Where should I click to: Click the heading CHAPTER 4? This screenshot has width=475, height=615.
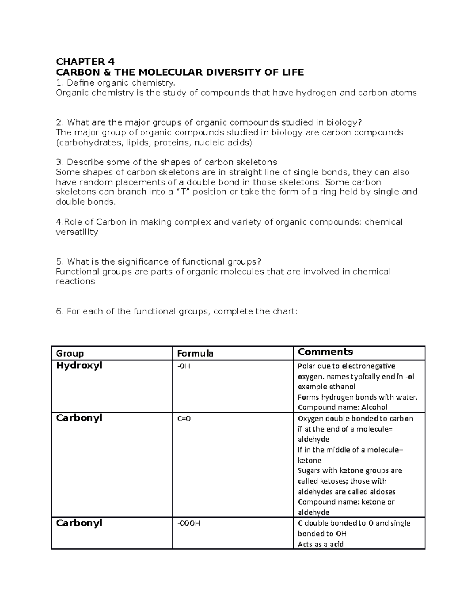point(85,62)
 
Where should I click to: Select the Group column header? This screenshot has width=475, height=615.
point(70,354)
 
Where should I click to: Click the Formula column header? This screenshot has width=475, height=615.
point(195,354)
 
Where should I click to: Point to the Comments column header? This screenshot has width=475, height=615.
point(325,352)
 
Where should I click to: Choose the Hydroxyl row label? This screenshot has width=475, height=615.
point(79,366)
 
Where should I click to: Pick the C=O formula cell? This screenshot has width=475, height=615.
point(184,419)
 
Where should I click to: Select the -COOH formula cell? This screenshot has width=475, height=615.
point(188,524)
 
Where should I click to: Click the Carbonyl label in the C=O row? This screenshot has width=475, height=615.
point(79,418)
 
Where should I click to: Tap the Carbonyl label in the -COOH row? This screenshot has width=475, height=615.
point(79,523)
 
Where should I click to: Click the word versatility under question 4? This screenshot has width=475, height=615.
point(77,232)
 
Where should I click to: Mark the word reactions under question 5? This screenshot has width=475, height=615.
point(75,282)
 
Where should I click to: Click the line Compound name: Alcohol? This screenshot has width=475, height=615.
point(342,407)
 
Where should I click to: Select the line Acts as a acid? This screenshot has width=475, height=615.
point(321,544)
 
